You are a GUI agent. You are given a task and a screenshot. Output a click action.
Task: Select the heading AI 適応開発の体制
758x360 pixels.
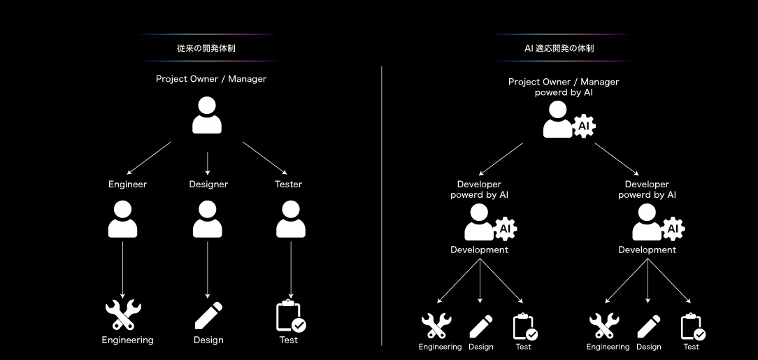[559, 49]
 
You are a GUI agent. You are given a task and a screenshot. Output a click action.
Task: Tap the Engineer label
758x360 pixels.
[127, 185]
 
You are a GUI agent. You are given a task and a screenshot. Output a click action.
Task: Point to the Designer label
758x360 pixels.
[208, 185]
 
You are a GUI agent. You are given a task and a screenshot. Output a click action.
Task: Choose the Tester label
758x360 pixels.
[288, 185]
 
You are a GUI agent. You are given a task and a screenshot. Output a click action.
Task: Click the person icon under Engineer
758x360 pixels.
[123, 219]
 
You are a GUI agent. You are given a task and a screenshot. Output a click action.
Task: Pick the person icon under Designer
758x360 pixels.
[207, 219]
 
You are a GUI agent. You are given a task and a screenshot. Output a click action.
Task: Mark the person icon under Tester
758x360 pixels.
[291, 219]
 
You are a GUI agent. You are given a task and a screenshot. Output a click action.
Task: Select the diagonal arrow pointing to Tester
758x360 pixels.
[265, 158]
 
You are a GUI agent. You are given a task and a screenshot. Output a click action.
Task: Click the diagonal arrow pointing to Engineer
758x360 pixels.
[149, 158]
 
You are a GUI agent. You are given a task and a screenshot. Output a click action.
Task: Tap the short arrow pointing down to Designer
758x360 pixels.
[208, 162]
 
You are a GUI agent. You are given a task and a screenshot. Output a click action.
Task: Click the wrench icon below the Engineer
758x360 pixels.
[123, 315]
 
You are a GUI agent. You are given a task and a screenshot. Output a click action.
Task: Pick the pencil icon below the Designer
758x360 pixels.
[208, 315]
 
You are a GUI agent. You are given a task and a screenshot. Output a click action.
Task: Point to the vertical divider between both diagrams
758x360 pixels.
[382, 206]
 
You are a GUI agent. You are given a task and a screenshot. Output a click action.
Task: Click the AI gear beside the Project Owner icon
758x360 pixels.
[585, 127]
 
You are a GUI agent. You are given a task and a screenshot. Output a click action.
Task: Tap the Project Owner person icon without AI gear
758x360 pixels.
[207, 115]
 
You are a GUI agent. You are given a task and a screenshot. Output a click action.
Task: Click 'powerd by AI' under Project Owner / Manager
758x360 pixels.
[564, 92]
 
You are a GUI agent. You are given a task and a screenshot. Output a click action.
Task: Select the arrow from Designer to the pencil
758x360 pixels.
[207, 269]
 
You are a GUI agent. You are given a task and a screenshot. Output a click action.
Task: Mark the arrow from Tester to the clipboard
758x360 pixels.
[291, 269]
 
